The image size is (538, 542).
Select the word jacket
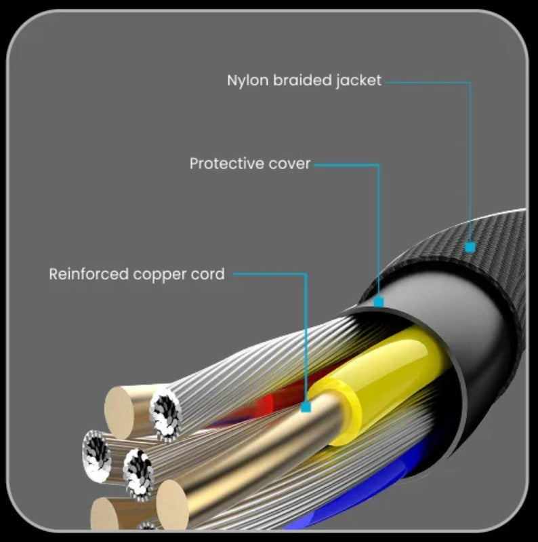click(359, 80)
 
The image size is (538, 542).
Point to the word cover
click(289, 163)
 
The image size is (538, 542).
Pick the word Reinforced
click(89, 274)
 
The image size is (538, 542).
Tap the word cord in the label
click(207, 274)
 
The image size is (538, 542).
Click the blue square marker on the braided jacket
click(470, 248)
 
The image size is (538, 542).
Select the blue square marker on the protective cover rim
click(379, 302)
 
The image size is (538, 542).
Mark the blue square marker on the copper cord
click(306, 407)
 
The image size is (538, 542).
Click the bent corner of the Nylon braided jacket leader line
click(470, 83)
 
